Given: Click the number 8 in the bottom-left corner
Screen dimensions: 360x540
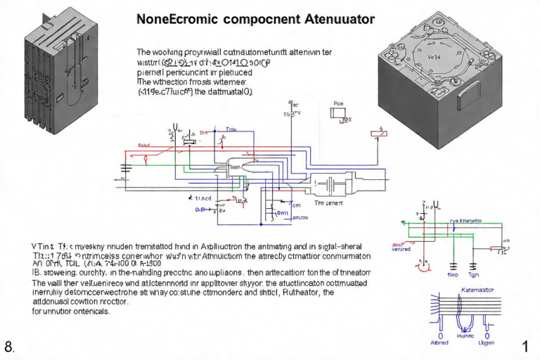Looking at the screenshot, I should tap(9, 347).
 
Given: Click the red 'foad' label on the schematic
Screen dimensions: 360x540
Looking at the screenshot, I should tap(144, 145).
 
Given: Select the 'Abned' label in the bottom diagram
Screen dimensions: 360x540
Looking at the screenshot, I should tap(439, 344).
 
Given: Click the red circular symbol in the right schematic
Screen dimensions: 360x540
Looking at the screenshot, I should tap(424, 264).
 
